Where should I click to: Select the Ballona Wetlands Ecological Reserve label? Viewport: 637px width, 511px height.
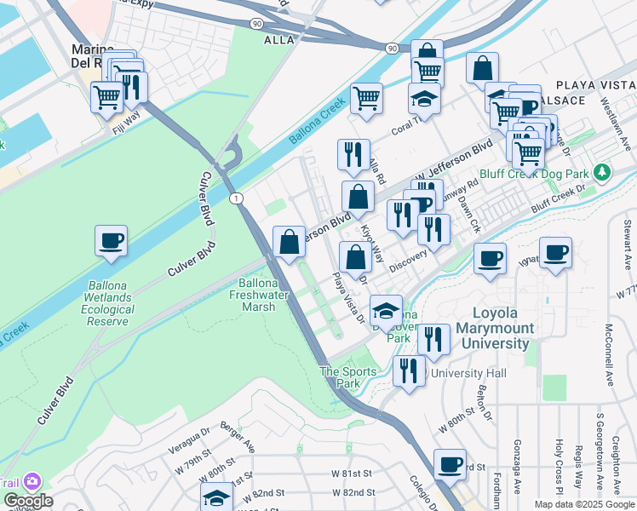(x=108, y=297)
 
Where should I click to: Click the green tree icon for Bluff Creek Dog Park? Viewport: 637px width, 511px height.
(x=602, y=173)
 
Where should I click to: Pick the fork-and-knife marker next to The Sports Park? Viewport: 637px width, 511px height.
(x=409, y=370)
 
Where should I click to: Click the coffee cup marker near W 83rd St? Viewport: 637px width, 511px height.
(x=450, y=465)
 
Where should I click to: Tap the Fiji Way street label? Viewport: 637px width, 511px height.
(x=125, y=129)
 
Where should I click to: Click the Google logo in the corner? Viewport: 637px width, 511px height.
(x=28, y=501)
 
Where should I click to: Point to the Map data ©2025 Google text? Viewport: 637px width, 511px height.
(x=584, y=504)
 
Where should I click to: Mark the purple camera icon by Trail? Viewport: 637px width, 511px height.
(x=33, y=482)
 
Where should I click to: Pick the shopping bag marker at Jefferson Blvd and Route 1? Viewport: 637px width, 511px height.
(x=289, y=241)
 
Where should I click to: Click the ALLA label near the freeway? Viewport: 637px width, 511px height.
(x=278, y=40)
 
